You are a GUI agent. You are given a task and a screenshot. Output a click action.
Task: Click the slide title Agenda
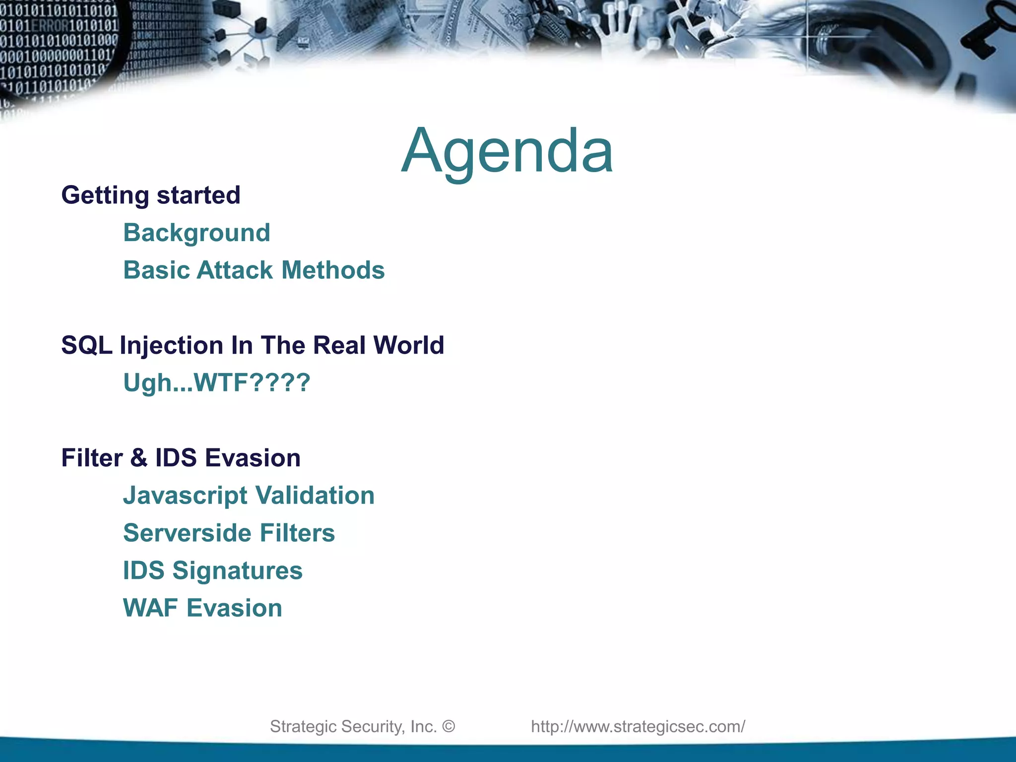click(507, 151)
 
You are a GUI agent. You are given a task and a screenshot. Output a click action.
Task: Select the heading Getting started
click(151, 195)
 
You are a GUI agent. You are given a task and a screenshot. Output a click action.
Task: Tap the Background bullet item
click(196, 233)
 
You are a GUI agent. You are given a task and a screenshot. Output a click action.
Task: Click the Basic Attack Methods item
click(254, 270)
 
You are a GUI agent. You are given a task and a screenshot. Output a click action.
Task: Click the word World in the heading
click(408, 345)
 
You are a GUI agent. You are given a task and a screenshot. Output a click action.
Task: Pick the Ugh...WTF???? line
click(216, 383)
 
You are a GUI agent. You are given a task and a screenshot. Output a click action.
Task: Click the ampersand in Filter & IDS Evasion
click(139, 458)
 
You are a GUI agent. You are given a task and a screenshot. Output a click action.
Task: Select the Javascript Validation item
click(249, 496)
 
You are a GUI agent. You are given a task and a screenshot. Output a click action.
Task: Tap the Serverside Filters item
click(229, 533)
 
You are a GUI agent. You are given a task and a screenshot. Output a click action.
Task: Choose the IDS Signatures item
click(212, 571)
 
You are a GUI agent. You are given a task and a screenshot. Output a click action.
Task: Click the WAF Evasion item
click(202, 608)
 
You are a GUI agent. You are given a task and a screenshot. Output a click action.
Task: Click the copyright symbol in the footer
click(448, 726)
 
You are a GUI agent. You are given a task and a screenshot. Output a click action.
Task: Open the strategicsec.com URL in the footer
click(638, 726)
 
